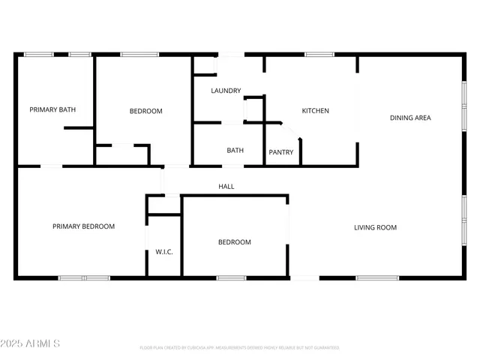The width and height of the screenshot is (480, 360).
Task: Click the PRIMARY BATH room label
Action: point(52,110)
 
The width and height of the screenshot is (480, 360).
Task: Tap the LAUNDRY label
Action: point(226,91)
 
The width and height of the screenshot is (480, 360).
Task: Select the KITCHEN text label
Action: point(315,111)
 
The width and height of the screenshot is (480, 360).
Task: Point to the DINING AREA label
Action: point(410,118)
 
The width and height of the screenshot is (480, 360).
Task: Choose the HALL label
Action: point(226,186)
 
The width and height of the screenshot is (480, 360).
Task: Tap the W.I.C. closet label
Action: point(164,252)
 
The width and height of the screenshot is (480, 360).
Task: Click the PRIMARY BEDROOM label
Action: point(83,226)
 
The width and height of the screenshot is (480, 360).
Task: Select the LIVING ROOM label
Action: point(375,227)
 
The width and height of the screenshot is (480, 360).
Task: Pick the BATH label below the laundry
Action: point(235,151)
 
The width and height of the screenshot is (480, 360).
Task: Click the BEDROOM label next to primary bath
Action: point(145,111)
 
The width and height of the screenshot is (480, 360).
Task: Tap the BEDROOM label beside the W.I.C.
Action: point(234,242)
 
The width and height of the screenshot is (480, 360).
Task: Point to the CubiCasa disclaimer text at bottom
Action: point(239,348)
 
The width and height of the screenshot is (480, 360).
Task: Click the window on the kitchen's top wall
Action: point(319,54)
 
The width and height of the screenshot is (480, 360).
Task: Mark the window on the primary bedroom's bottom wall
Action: point(84,278)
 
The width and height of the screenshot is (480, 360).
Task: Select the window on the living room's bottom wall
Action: point(377,278)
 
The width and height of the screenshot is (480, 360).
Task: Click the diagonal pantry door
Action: point(291,130)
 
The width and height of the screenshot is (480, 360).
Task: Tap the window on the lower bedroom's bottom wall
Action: point(231,278)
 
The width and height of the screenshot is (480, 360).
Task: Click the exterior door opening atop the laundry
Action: point(230,54)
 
